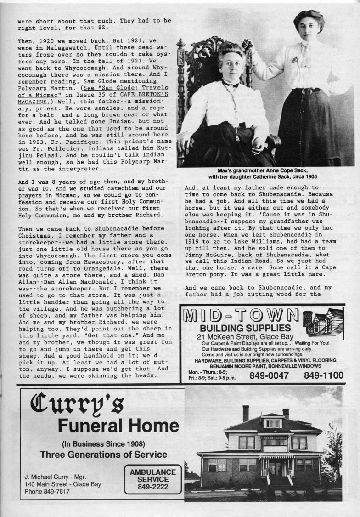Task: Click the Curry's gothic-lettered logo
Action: [78, 403]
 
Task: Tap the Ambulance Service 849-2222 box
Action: [153, 479]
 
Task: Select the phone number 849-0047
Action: [269, 375]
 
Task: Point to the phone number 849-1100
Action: [323, 375]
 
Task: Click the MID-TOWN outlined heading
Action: [241, 316]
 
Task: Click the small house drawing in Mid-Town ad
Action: [323, 321]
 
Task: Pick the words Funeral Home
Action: [118, 426]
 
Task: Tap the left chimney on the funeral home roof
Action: [246, 413]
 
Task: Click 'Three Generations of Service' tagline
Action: [103, 455]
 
